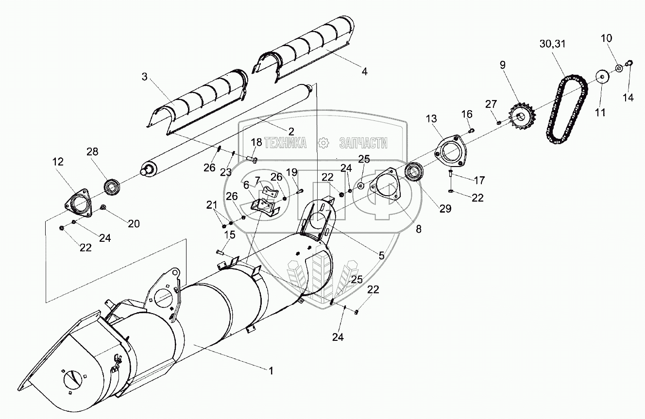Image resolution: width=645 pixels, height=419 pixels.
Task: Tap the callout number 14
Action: pos(628,98)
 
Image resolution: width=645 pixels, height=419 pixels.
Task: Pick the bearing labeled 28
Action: pos(112,186)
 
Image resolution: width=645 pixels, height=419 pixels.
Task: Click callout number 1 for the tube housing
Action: pos(271,371)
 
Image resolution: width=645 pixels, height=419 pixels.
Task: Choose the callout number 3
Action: pos(144,77)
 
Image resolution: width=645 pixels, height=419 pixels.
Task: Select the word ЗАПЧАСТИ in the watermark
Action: pos(363,143)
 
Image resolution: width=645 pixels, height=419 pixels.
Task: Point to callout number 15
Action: pos(229,235)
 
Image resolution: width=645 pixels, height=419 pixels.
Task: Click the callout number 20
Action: pos(134,224)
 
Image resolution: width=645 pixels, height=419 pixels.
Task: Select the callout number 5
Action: pos(381,255)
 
